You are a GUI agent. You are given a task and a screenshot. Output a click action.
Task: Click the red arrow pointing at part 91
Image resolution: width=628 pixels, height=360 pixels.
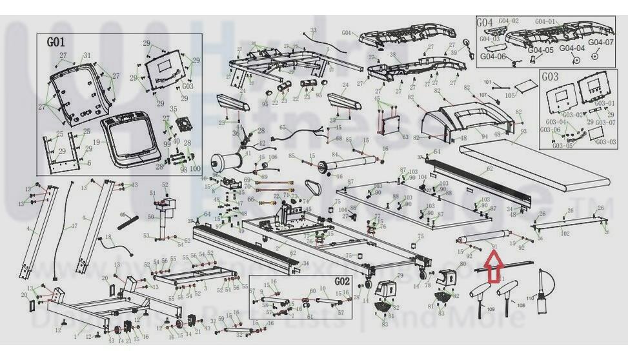494,267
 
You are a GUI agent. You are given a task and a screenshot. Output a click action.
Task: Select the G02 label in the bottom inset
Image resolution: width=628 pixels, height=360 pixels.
341,282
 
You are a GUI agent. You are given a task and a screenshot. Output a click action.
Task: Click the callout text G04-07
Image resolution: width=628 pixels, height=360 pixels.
600,43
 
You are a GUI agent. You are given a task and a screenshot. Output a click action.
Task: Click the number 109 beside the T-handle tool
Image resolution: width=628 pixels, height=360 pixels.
491,310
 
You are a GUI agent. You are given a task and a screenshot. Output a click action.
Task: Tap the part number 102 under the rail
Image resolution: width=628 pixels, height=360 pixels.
565,234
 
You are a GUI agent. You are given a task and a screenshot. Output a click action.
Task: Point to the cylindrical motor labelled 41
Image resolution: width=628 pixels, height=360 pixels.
226,161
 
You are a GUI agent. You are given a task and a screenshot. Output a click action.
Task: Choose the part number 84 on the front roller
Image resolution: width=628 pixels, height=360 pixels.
334,155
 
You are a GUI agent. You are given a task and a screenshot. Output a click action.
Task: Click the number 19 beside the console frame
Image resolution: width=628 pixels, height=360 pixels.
96,141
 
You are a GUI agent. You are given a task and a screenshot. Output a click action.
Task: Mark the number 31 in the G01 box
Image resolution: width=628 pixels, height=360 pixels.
86,55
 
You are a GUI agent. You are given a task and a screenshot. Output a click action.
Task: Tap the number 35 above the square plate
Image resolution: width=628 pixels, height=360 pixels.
173,108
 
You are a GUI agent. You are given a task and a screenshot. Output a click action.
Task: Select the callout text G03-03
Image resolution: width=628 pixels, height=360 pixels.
605,142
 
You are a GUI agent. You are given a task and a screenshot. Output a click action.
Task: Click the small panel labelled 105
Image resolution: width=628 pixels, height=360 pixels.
527,86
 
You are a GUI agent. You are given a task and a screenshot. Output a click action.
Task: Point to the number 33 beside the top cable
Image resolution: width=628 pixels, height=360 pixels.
314,30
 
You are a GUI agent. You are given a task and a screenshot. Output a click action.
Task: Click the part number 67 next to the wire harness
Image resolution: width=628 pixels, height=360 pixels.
281,128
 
